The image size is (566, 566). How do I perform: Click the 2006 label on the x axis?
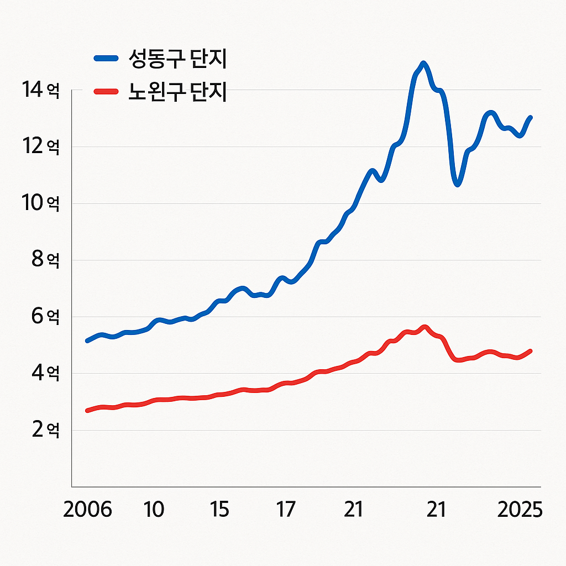tap(87, 510)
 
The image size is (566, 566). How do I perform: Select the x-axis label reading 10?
tap(154, 510)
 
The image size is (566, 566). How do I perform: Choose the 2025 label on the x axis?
tap(520, 510)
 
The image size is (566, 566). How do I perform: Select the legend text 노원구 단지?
tap(178, 92)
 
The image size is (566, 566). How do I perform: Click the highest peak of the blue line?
tap(423, 64)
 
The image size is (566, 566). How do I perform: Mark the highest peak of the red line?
tap(424, 327)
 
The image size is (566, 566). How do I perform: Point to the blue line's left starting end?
tap(87, 340)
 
